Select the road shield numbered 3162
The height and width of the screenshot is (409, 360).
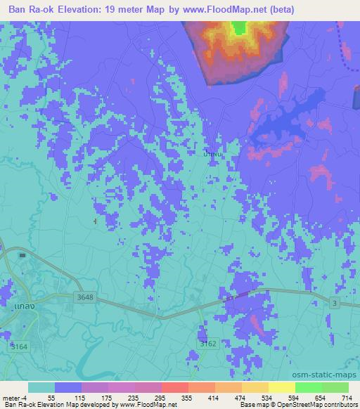(202, 344)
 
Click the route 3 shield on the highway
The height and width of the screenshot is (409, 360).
(335, 302)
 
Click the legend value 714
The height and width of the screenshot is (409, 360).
(346, 397)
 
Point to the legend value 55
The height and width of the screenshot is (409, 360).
(51, 397)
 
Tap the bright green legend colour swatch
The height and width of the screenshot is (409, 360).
(308, 387)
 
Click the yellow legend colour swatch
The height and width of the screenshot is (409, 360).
(281, 387)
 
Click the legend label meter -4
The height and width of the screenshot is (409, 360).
(15, 397)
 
